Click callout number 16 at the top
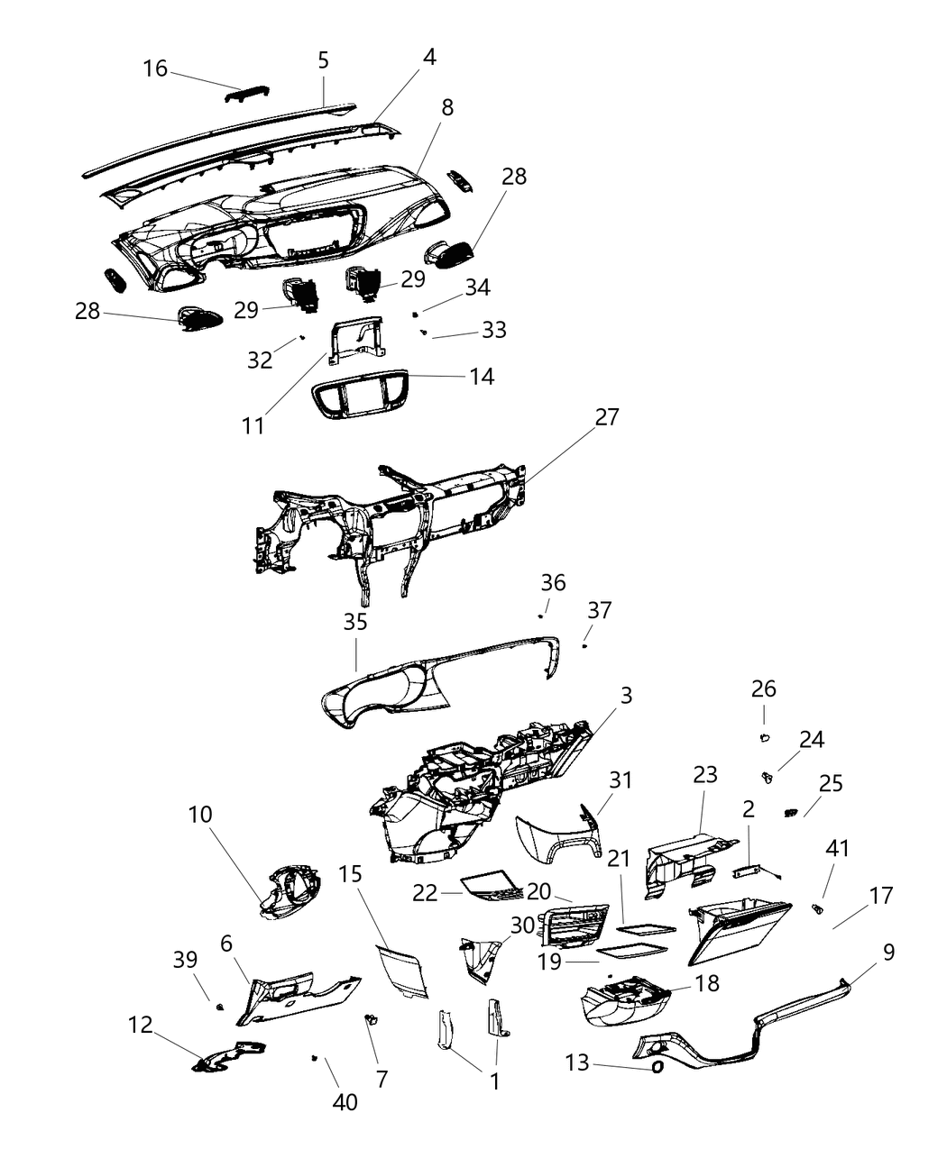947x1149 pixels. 155,68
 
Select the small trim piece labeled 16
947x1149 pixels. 246,95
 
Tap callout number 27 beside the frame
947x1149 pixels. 607,417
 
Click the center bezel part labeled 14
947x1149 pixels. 359,396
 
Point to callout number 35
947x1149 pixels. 355,622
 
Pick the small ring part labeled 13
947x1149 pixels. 657,1067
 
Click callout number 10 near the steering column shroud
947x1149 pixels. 200,815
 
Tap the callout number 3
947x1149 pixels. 626,696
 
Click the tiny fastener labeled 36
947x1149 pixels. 540,616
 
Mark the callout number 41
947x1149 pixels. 837,849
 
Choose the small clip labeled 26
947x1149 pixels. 764,738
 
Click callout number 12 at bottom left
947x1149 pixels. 141,1025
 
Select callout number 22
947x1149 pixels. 425,892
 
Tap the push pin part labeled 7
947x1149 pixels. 372,1019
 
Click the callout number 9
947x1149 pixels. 888,952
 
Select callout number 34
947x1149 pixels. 477,287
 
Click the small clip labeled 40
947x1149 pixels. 314,1057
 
